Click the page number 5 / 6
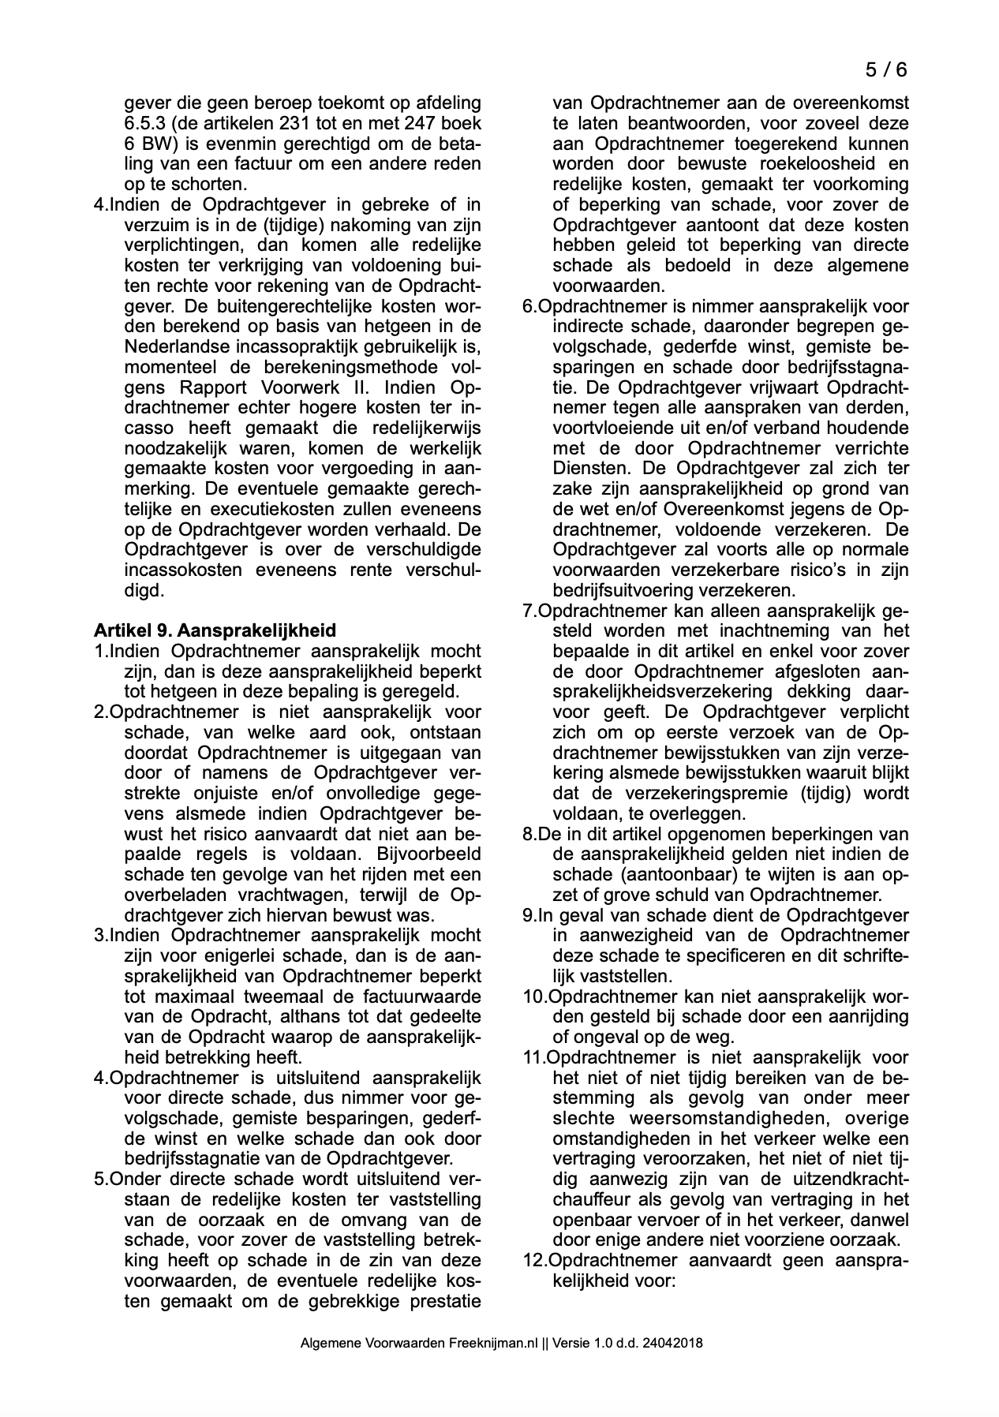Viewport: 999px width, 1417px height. click(886, 69)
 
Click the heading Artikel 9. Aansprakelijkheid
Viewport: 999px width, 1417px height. click(215, 630)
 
